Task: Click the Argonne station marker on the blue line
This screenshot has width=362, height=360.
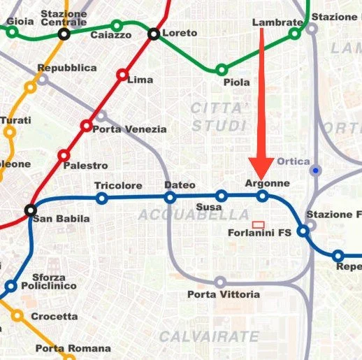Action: [x=263, y=196]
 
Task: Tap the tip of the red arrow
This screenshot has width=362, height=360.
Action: [x=263, y=179]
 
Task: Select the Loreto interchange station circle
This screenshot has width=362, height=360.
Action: [x=154, y=34]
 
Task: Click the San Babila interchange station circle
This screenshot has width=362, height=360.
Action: [x=31, y=210]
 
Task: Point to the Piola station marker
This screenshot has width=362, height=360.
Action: [x=222, y=70]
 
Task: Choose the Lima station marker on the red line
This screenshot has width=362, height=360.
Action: [x=122, y=75]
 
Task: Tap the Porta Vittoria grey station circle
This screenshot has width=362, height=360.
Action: [x=220, y=282]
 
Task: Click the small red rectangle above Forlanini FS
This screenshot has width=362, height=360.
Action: [x=258, y=224]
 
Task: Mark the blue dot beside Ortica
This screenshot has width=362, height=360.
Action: [x=317, y=170]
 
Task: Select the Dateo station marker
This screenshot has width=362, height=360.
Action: [x=171, y=198]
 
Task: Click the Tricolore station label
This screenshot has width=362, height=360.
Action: [x=118, y=186]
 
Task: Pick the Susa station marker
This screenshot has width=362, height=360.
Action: [x=221, y=196]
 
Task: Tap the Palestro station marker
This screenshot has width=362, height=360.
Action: [x=64, y=155]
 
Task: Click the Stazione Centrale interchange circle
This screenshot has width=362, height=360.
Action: [x=64, y=33]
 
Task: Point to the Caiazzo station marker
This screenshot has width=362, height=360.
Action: [x=117, y=26]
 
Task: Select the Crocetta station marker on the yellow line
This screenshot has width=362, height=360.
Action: [x=17, y=316]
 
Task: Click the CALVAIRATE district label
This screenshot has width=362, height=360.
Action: [x=209, y=337]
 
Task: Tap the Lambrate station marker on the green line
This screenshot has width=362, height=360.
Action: [x=295, y=33]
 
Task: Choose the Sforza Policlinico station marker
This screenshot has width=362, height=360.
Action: [x=10, y=285]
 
